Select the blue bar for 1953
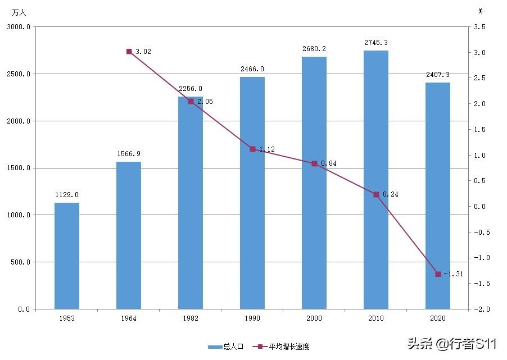(67, 256)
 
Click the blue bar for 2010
(376, 180)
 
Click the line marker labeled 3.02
(129, 52)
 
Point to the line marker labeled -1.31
(438, 274)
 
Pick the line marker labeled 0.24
(376, 194)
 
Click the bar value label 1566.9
(129, 153)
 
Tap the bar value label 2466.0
(252, 69)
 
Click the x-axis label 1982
(191, 318)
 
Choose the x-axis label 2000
(314, 318)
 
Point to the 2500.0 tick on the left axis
(19, 74)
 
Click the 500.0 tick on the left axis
(20, 262)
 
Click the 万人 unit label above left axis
(19, 12)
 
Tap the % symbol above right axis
(481, 11)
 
